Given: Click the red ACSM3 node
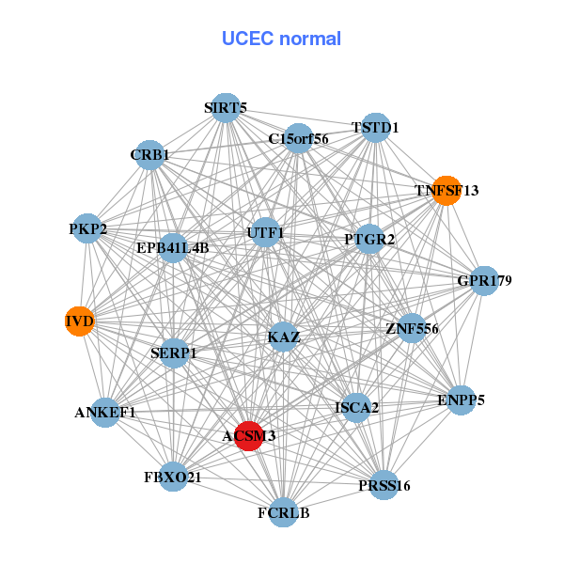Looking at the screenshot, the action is [249, 436].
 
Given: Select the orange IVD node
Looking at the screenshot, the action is [80, 321].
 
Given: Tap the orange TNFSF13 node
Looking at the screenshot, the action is [446, 191].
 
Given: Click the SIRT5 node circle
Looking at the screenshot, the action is [226, 108].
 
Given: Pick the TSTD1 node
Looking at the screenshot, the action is [375, 128].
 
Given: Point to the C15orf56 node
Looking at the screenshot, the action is [298, 138].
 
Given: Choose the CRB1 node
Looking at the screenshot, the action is [149, 155].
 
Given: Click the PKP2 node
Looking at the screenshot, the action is [87, 228].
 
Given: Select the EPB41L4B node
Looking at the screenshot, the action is [173, 248].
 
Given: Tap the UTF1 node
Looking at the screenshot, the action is [265, 232].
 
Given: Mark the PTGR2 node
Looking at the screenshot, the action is [369, 239].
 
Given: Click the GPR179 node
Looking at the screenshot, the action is [484, 281].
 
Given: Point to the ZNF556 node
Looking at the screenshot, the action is [412, 328].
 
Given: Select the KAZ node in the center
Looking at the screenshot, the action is [284, 337].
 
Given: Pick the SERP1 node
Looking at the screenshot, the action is [174, 353].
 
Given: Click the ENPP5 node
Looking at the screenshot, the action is [461, 400].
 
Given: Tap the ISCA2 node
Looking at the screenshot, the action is [356, 408].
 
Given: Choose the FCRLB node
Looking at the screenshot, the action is [284, 512].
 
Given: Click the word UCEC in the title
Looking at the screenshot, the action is [248, 39].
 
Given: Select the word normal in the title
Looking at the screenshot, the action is [310, 39].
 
